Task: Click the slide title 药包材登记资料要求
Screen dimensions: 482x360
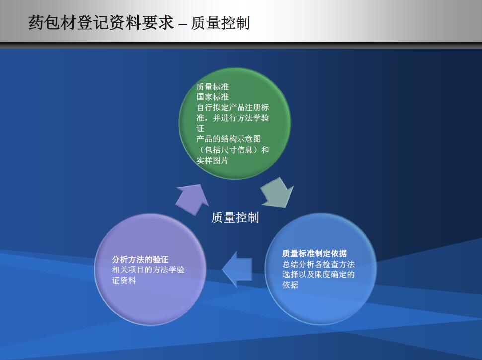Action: point(101,23)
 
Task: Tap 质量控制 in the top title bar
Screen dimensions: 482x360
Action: point(220,23)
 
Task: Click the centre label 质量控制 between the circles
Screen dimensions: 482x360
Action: point(235,217)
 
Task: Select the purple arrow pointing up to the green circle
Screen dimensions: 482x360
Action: point(192,198)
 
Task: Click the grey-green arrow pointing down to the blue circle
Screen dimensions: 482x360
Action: point(278,192)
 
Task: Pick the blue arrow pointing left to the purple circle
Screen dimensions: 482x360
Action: point(237,269)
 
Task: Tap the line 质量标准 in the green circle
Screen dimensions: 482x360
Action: point(212,87)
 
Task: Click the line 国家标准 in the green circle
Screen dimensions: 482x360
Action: point(212,97)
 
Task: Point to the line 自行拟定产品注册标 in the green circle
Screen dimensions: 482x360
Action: point(233,108)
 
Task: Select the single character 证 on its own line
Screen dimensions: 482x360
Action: point(200,129)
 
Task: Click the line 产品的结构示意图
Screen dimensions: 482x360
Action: point(229,139)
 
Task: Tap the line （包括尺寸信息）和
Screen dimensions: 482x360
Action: point(233,150)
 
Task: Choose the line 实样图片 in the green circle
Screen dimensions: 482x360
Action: point(212,160)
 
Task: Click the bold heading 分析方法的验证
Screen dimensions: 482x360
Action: point(140,260)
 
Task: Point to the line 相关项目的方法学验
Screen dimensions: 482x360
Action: point(148,270)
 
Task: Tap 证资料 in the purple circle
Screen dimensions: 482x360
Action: point(124,280)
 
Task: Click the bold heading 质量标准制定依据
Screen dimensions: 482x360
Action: point(315,254)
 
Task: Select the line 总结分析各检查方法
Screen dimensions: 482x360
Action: point(319,264)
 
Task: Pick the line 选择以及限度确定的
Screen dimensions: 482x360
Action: point(319,274)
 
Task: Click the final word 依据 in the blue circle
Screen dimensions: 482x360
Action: point(290,285)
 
